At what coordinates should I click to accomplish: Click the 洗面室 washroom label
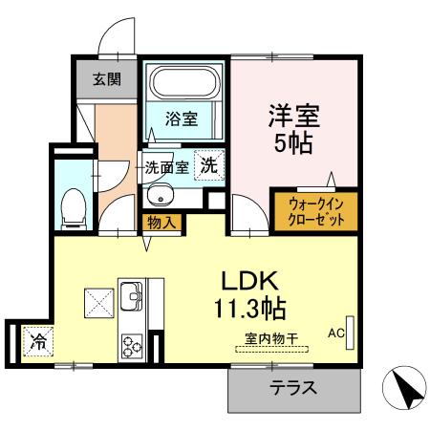(x=169, y=167)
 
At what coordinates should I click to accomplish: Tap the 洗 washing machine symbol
(x=208, y=164)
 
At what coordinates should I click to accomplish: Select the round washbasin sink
(x=160, y=199)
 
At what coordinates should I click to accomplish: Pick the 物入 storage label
(x=159, y=224)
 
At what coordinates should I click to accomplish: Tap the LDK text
(x=250, y=282)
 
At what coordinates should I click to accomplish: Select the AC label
(x=335, y=333)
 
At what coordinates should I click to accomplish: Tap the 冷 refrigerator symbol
(x=38, y=339)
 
